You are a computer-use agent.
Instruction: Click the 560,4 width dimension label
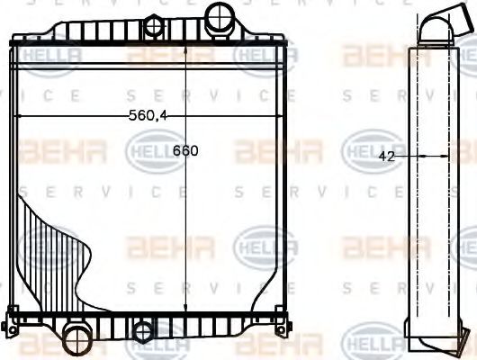pyautogui.click(x=149, y=114)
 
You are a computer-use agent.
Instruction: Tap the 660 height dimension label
pyautogui.click(x=185, y=150)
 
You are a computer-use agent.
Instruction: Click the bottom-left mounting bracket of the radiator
pyautogui.click(x=13, y=319)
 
